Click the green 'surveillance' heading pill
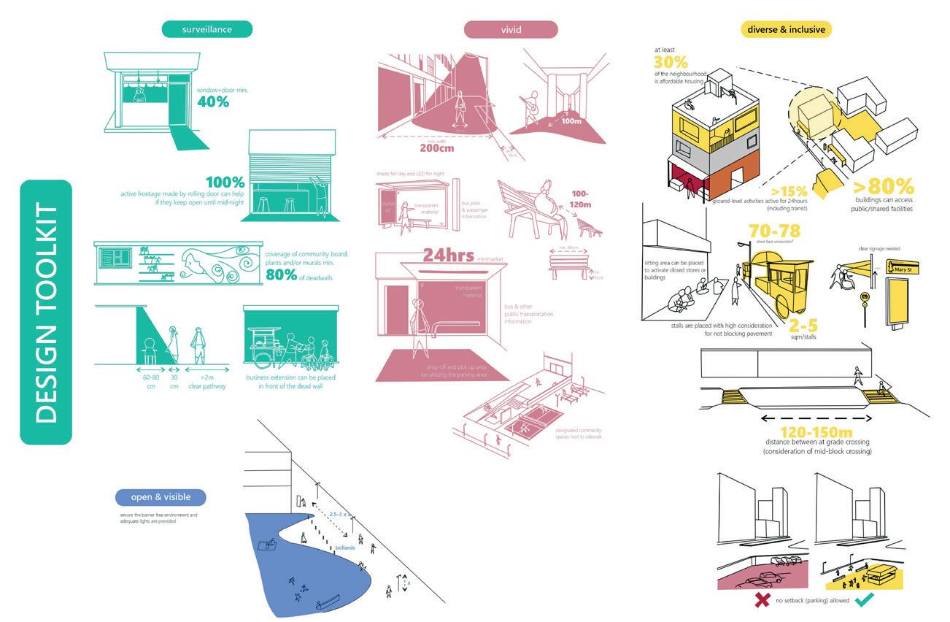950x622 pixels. point(207,29)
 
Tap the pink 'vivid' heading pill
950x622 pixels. point(511,29)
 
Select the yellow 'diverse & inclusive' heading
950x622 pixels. point(786,30)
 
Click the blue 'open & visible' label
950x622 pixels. point(161,497)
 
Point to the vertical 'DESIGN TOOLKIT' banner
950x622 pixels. point(46,312)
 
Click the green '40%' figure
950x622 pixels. point(213,101)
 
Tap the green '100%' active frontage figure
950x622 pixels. point(225,182)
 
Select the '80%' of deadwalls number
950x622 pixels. point(282,274)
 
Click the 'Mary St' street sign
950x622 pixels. point(905,269)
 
